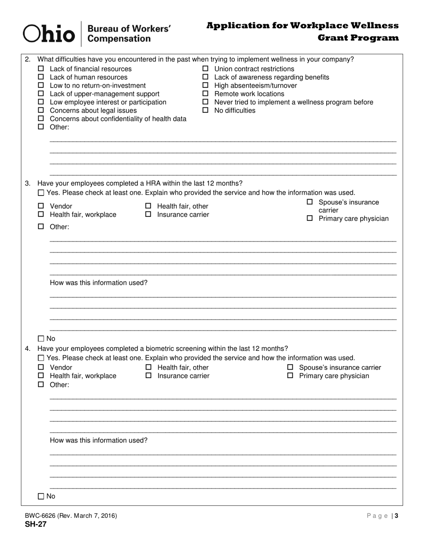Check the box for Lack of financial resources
tap(41, 69)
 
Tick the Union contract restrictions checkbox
tap(206, 69)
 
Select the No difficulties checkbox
tap(206, 111)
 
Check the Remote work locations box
tap(206, 94)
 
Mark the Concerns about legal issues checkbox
tap(41, 111)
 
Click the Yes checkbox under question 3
tap(41, 193)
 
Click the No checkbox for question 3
tap(41, 339)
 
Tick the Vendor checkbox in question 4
tap(41, 368)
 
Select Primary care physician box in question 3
tap(310, 219)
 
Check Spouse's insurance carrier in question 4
tap(290, 368)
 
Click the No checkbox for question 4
tap(41, 496)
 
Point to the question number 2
tap(28, 59)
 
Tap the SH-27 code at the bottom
tap(36, 524)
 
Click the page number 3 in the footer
tap(396, 516)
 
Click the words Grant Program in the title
tap(358, 38)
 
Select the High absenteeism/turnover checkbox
tap(206, 86)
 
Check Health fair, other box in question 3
tap(149, 206)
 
